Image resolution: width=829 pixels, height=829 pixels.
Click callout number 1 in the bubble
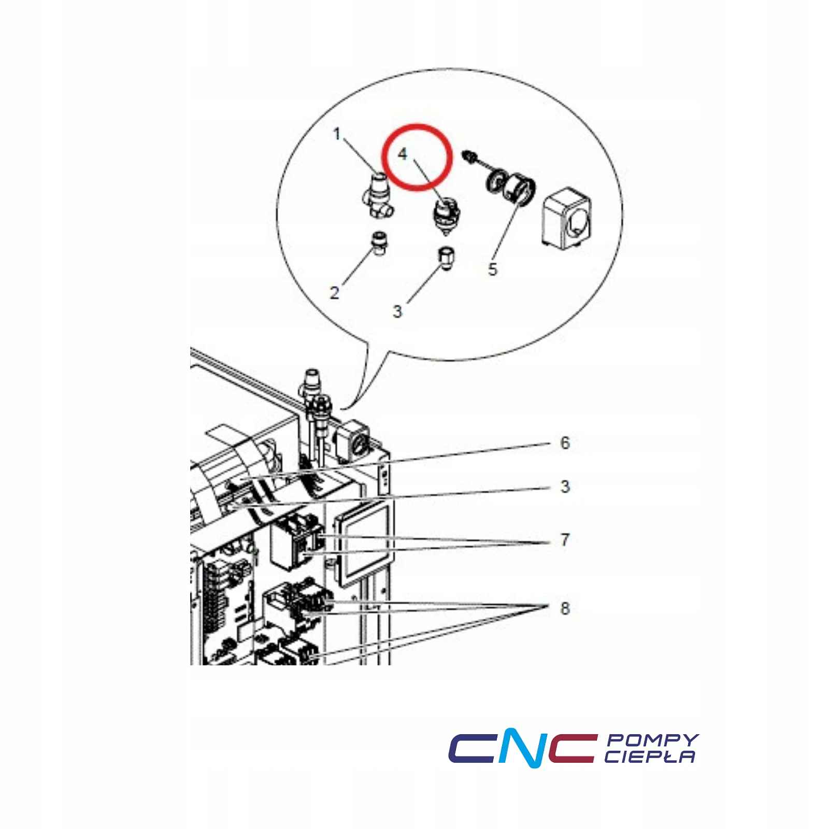point(337,135)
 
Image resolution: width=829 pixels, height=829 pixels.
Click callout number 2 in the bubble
point(335,293)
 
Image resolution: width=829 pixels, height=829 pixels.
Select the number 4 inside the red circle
point(403,154)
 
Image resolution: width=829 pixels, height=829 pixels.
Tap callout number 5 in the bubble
point(492,269)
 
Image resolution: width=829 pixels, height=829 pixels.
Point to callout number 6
point(565,443)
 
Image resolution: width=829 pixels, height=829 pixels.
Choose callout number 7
point(565,540)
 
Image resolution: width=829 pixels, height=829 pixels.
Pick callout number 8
point(565,608)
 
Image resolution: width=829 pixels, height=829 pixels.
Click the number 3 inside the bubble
point(397,311)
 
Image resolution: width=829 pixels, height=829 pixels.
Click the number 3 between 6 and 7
point(565,487)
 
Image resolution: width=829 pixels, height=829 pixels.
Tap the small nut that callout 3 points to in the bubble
point(445,258)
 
